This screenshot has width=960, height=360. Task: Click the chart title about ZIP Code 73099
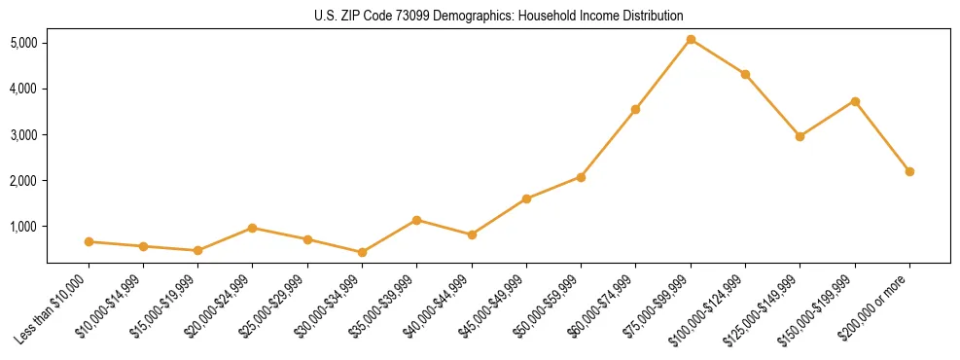click(x=499, y=16)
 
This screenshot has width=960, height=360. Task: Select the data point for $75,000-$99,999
click(x=691, y=40)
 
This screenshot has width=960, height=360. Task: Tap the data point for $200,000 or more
click(x=909, y=171)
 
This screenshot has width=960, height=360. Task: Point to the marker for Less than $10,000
click(x=89, y=241)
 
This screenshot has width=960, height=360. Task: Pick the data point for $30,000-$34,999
click(x=362, y=252)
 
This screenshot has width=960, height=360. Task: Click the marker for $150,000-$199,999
click(x=855, y=101)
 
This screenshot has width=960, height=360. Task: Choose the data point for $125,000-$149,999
click(x=800, y=136)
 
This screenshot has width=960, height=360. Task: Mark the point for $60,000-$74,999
click(x=635, y=109)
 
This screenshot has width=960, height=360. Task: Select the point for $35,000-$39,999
click(x=416, y=220)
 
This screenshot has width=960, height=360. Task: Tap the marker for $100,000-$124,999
click(x=745, y=74)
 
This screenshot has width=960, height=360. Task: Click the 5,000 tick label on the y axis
click(x=23, y=43)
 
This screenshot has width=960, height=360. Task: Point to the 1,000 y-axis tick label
click(x=23, y=227)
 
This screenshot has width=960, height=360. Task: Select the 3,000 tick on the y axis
click(x=23, y=134)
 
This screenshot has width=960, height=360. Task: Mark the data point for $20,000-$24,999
click(x=252, y=228)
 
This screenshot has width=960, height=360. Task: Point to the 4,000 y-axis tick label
click(x=23, y=89)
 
